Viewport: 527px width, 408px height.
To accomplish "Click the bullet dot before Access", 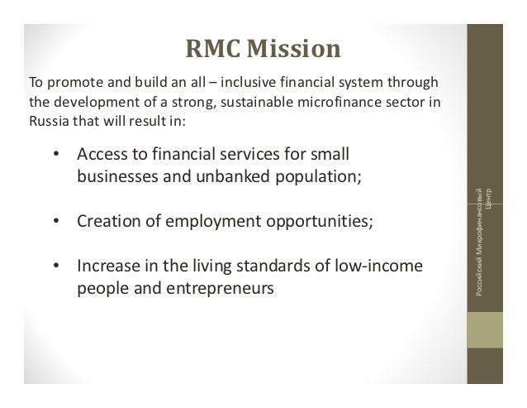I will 55,155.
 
